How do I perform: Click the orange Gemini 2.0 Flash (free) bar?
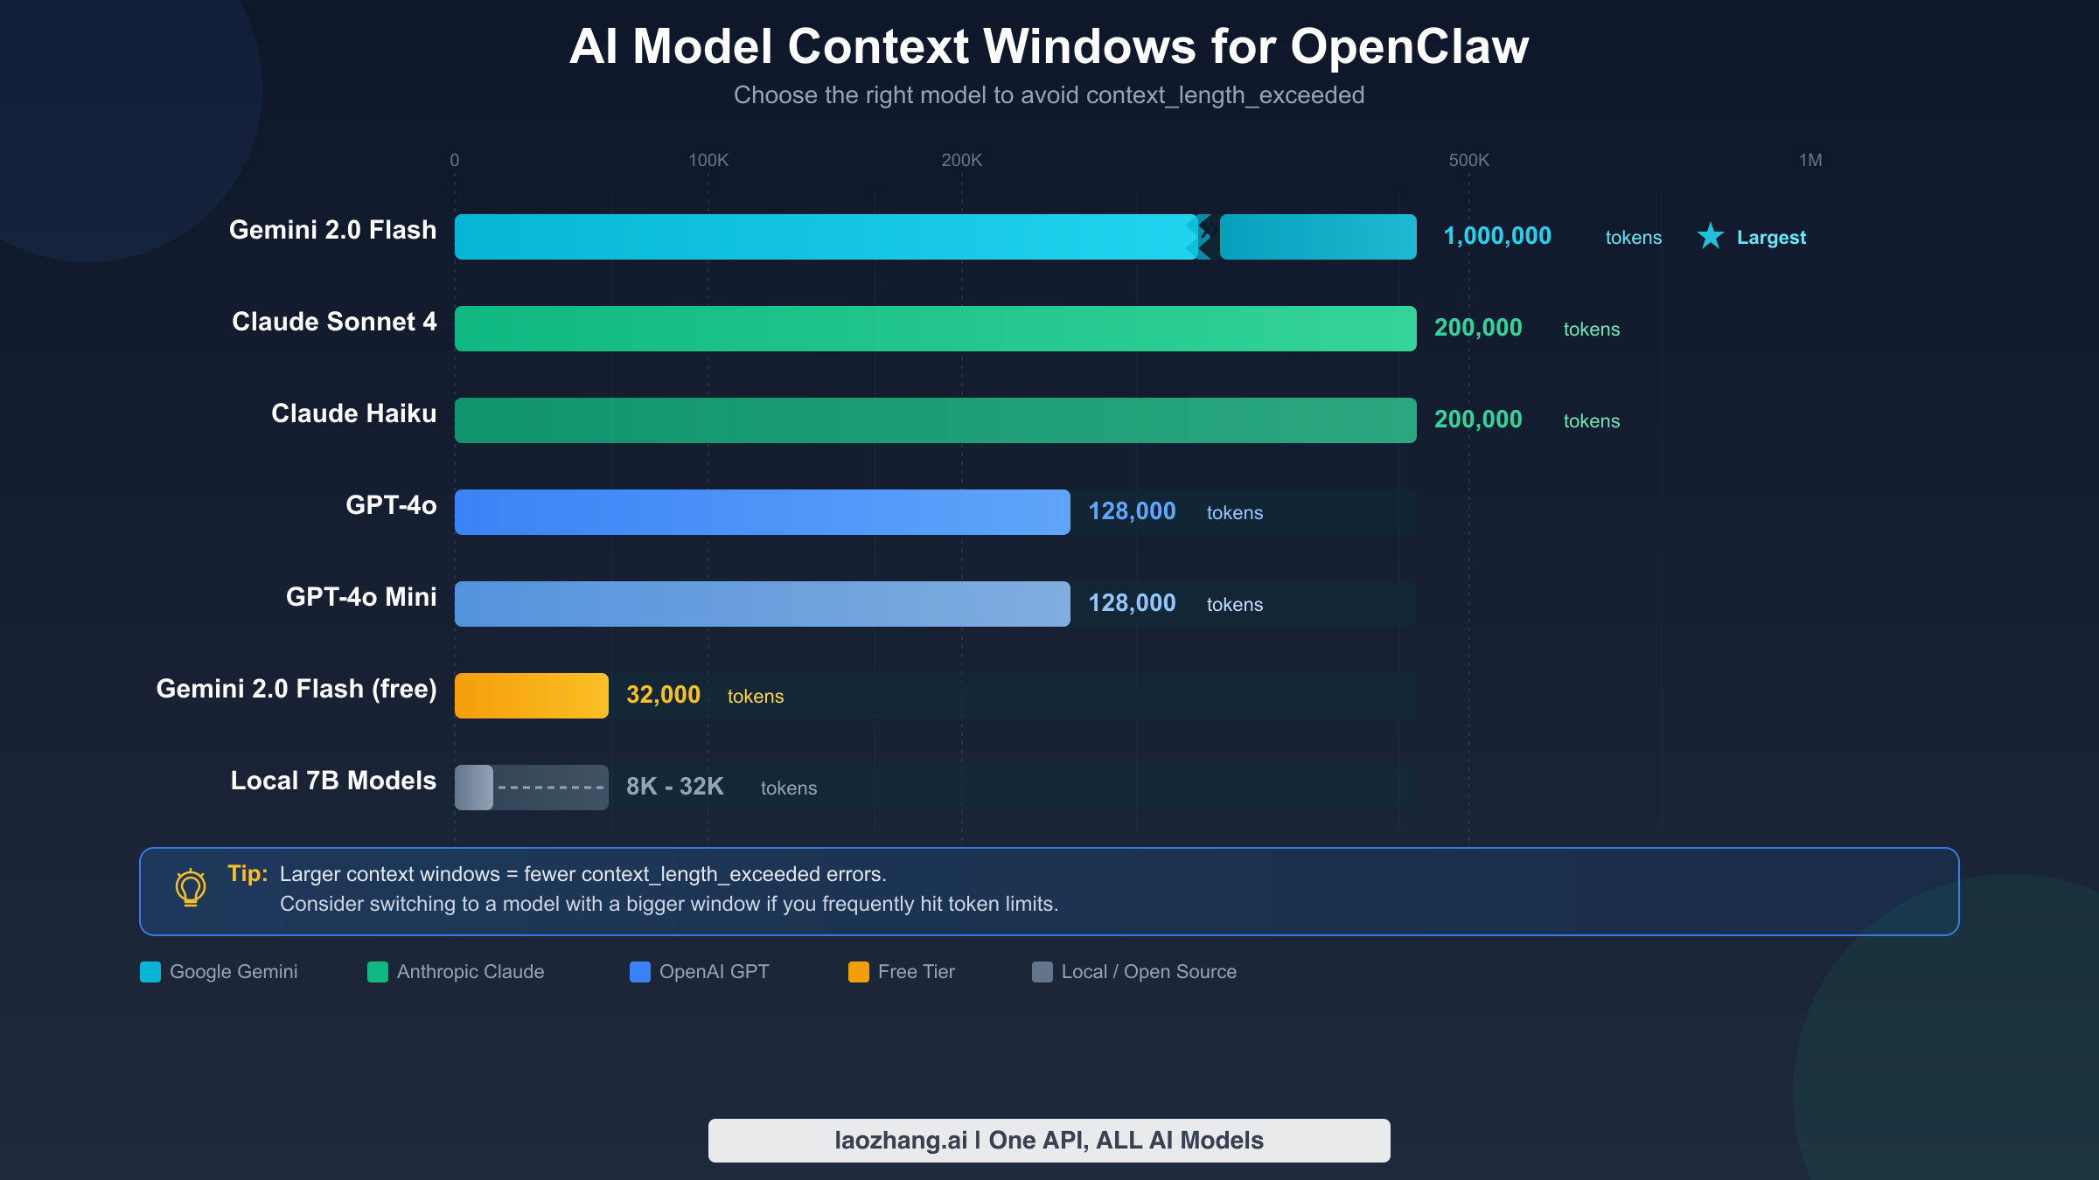(x=531, y=696)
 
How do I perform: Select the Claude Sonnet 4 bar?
(x=935, y=329)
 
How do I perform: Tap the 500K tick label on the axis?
(x=1468, y=161)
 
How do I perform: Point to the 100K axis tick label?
(x=708, y=161)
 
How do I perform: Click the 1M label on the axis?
(x=1810, y=161)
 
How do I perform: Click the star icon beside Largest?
(x=1710, y=236)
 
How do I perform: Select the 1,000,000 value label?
(x=1496, y=236)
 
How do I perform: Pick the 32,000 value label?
(x=663, y=695)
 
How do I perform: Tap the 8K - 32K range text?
(x=674, y=787)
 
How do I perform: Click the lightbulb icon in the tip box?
(x=190, y=888)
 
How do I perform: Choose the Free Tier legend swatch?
(x=858, y=972)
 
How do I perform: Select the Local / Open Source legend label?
(x=1148, y=972)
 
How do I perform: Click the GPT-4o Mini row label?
(x=360, y=597)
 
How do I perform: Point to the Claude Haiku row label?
(x=353, y=413)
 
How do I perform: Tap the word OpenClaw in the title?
(x=1409, y=46)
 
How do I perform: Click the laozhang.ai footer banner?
(x=1049, y=1141)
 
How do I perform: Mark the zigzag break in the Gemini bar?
(x=1203, y=237)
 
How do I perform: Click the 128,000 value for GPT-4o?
(x=1132, y=511)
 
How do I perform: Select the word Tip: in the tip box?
(x=247, y=873)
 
